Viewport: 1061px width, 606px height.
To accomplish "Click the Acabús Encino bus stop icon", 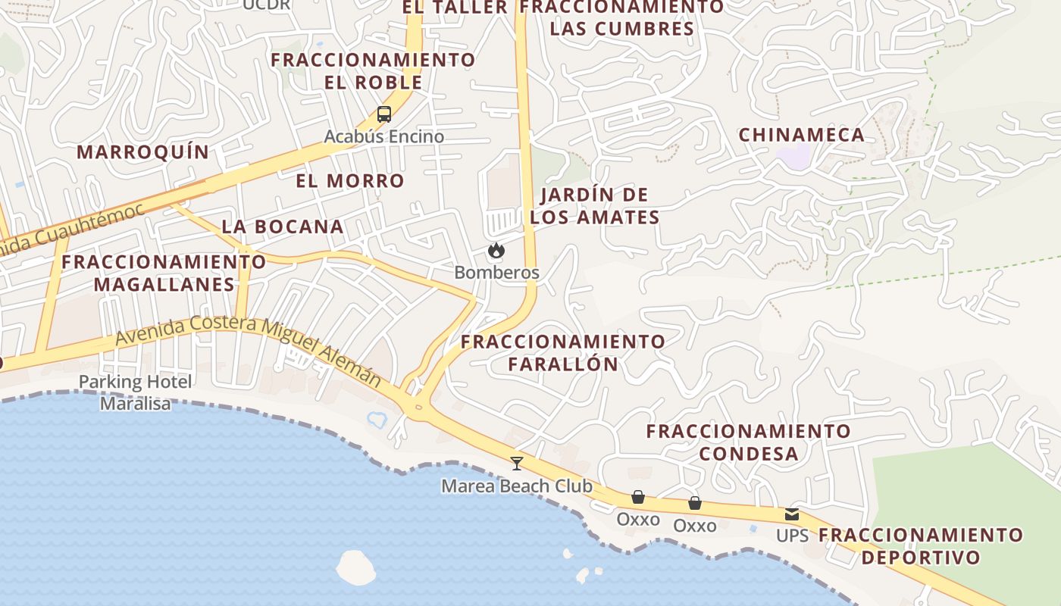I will click(384, 115).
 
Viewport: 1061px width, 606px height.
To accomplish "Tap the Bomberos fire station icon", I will click(496, 250).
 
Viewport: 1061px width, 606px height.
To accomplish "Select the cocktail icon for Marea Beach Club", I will click(517, 463).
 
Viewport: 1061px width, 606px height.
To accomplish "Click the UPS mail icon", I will click(792, 514).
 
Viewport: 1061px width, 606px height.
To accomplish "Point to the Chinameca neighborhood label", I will click(801, 135).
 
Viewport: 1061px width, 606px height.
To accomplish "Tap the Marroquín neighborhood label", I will click(142, 151).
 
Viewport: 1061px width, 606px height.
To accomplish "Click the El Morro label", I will click(350, 180).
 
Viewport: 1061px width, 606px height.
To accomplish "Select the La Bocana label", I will click(283, 226).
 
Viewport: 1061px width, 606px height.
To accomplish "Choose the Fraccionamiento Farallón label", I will click(563, 352).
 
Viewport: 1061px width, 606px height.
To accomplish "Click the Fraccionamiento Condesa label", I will click(749, 442).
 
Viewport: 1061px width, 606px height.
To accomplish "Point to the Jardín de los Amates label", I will click(595, 206).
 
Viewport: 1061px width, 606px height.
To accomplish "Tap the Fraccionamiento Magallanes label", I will click(164, 273).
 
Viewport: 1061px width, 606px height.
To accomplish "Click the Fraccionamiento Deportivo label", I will click(921, 546).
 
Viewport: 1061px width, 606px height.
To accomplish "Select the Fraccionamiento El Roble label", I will click(374, 70).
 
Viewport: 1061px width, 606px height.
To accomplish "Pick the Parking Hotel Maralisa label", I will click(136, 392).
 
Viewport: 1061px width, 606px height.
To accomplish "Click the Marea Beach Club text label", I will click(517, 486).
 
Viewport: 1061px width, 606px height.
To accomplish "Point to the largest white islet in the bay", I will click(355, 567).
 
